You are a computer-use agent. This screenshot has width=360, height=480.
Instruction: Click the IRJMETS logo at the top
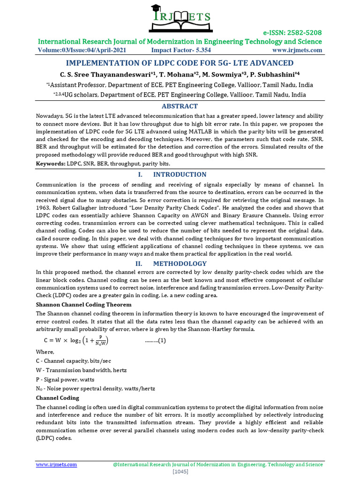tap(180, 17)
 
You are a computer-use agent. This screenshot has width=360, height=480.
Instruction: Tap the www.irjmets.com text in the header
tap(297, 50)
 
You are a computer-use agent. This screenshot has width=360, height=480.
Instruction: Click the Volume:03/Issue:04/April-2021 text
tap(82, 50)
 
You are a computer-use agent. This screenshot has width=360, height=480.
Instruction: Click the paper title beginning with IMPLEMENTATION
tap(180, 63)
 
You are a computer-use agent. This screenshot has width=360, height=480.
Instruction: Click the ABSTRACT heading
tap(180, 106)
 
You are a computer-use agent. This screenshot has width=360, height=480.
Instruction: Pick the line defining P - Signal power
tap(65, 379)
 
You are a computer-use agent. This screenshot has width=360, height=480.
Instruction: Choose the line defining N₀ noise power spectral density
tap(96, 389)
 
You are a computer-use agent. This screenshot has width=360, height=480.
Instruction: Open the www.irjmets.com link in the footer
tap(57, 465)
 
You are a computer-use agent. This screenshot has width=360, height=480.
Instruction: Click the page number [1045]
tap(180, 472)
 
